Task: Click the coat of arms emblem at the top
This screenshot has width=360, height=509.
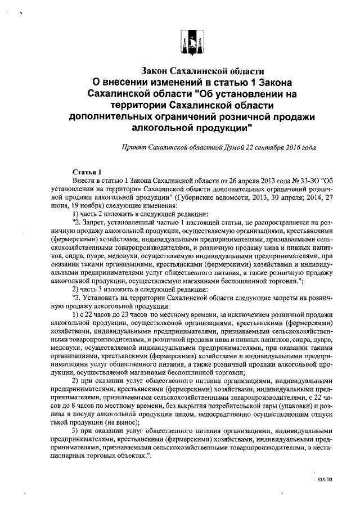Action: coord(191,44)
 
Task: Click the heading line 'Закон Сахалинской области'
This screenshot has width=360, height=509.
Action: coord(202,72)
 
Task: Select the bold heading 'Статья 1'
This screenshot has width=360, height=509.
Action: coord(87,171)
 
